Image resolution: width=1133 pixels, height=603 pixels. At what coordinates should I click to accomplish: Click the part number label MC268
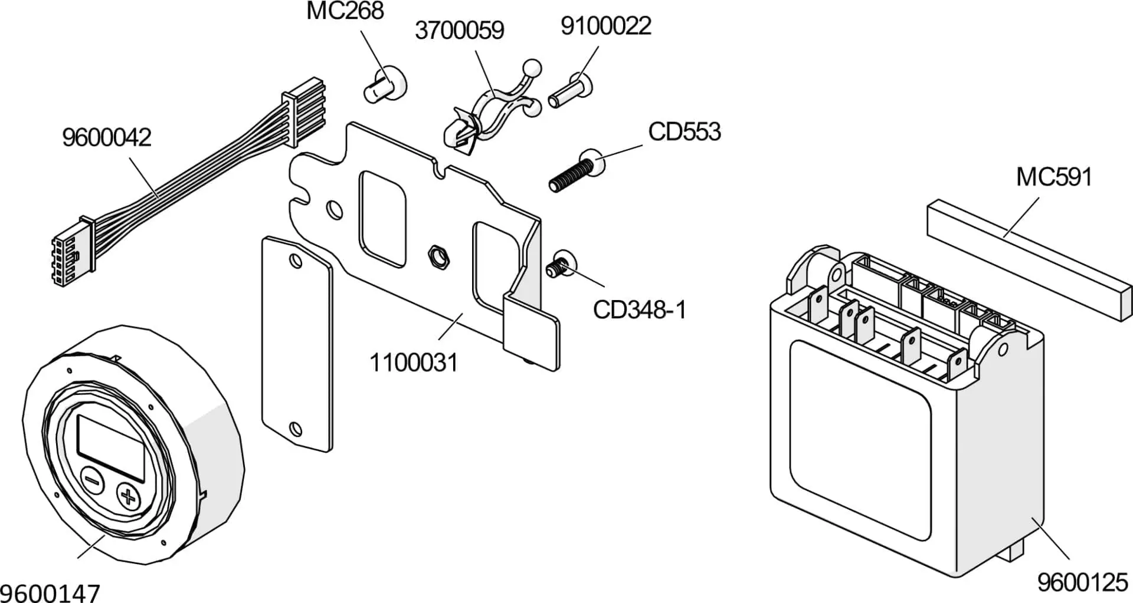(x=345, y=11)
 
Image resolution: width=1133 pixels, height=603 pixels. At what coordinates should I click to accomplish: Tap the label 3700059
(x=459, y=31)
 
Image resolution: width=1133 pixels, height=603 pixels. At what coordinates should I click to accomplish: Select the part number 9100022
(x=605, y=26)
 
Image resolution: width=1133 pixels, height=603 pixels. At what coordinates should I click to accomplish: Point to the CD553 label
(x=684, y=132)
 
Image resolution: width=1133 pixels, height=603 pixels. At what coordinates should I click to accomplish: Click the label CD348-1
(x=639, y=310)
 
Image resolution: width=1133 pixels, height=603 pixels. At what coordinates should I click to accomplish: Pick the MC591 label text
(x=1054, y=177)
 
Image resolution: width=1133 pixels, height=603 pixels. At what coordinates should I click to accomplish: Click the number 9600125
(x=1082, y=583)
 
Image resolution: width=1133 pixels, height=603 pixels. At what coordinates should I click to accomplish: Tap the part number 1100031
(x=413, y=363)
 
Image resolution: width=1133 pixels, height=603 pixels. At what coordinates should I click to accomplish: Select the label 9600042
(x=106, y=138)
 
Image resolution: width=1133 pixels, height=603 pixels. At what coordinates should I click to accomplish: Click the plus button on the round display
(x=127, y=496)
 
